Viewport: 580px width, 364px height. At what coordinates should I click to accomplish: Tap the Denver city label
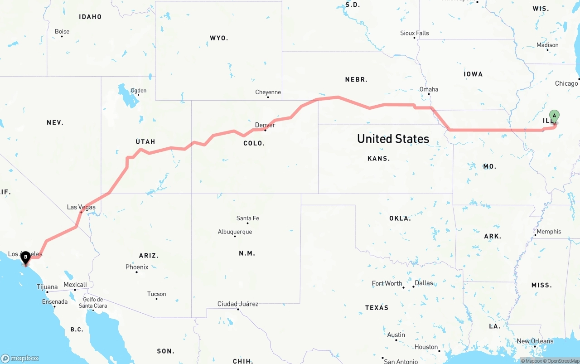(x=265, y=125)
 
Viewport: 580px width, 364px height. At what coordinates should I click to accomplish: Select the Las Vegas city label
(x=81, y=207)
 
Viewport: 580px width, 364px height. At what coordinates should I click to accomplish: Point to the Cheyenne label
(x=268, y=92)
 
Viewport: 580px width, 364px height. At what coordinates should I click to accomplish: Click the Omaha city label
(x=429, y=89)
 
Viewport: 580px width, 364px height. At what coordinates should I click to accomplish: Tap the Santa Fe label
(x=247, y=218)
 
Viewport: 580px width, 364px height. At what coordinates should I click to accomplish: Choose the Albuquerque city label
(x=235, y=232)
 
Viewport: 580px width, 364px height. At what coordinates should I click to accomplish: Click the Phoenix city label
(x=137, y=267)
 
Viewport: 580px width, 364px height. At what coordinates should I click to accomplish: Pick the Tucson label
(x=156, y=294)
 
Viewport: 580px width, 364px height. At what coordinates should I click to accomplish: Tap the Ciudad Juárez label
(x=238, y=304)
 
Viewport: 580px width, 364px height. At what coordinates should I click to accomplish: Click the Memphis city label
(x=549, y=231)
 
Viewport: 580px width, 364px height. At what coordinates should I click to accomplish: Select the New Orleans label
(x=535, y=341)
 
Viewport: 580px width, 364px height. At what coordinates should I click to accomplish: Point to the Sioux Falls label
(x=414, y=33)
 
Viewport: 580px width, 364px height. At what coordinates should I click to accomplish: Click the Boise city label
(x=62, y=31)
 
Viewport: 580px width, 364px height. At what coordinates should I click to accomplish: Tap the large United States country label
(x=393, y=138)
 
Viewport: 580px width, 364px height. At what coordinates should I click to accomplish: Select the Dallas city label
(x=424, y=283)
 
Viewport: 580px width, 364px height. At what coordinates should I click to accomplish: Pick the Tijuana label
(x=47, y=286)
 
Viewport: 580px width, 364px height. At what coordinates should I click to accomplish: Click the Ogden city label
(x=138, y=90)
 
